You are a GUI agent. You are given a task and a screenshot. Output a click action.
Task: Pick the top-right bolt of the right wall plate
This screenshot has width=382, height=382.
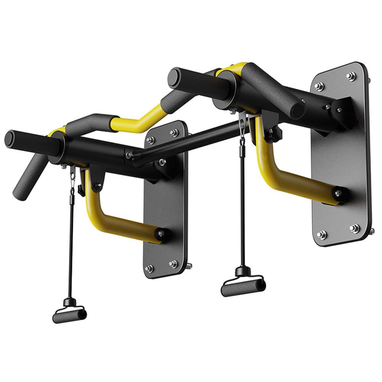tap(351, 76)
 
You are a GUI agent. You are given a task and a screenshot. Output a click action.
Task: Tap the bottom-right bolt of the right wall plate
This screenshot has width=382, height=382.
tap(354, 228)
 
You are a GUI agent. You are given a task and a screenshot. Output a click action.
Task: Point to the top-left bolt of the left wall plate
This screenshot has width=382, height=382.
tap(150, 140)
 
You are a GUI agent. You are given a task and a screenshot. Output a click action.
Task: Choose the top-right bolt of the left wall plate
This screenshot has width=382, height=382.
tap(174, 133)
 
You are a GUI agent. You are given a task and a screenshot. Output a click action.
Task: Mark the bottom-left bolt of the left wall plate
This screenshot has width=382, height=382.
tap(150, 268)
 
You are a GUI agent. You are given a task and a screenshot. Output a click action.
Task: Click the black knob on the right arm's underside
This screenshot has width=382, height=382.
tap(276, 134)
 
